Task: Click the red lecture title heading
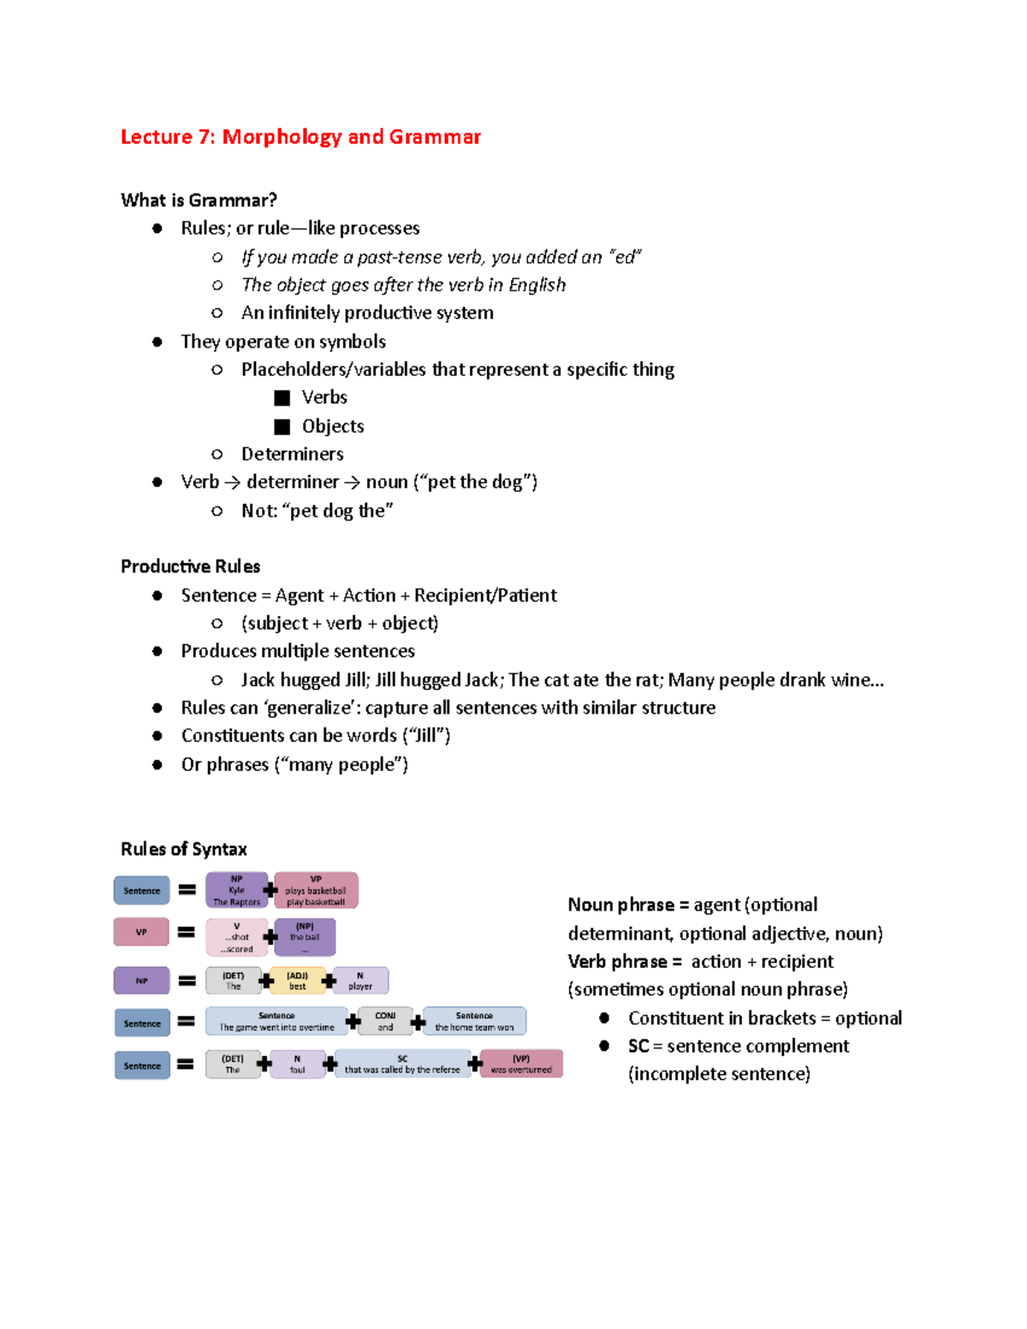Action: (300, 137)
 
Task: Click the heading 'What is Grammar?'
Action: (199, 200)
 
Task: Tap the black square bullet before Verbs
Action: (282, 398)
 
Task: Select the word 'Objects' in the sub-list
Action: (333, 426)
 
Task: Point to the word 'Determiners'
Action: (292, 454)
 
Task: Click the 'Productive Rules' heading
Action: (190, 567)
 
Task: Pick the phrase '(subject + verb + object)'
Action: (340, 623)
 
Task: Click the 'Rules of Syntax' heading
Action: (184, 849)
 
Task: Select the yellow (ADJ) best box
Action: (297, 981)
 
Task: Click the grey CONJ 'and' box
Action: (385, 1021)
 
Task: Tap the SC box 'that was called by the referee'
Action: (402, 1064)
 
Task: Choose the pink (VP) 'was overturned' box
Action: (521, 1064)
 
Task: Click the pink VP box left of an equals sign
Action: (141, 932)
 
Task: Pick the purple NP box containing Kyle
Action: (236, 890)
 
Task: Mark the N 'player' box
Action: (360, 981)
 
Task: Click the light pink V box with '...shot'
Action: (236, 937)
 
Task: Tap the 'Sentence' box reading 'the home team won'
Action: (474, 1021)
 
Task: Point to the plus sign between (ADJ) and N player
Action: (329, 981)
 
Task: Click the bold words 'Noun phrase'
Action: (620, 905)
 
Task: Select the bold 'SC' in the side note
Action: (638, 1046)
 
